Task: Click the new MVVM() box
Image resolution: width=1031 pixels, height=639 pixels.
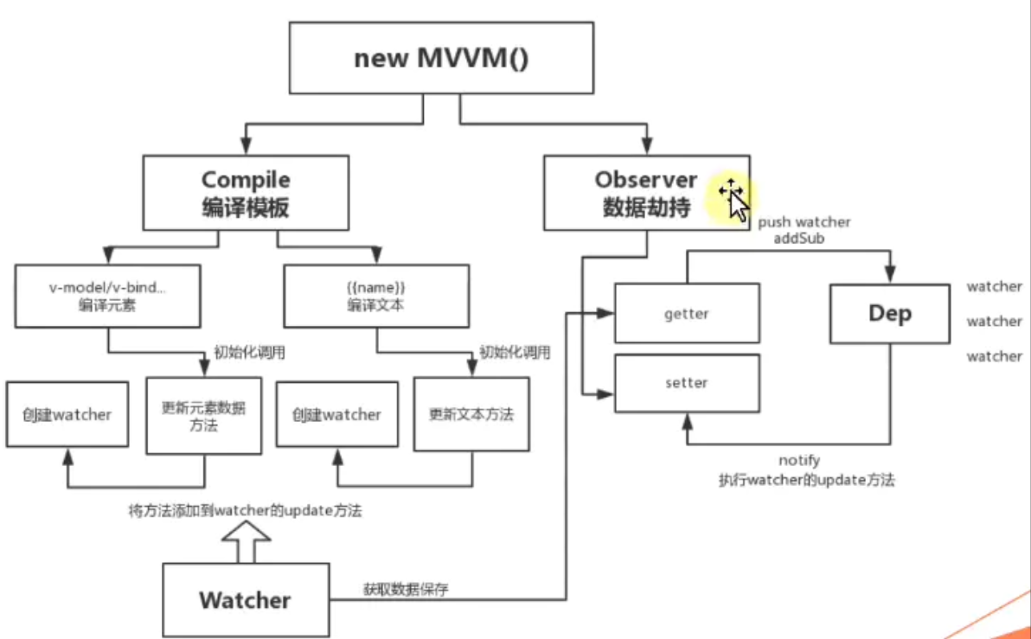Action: [440, 58]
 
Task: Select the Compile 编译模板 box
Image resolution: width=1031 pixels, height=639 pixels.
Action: [246, 192]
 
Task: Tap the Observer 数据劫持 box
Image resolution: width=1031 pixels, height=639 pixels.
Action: [646, 192]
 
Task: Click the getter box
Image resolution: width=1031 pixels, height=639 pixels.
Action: [687, 313]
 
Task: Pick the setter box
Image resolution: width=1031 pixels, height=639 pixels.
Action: [687, 382]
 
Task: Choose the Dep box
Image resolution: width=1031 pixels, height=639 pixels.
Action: [890, 313]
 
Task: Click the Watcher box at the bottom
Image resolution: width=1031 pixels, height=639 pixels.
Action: [246, 599]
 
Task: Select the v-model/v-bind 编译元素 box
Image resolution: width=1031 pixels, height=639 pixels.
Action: [108, 296]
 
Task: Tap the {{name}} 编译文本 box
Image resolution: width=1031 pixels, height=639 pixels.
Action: [376, 296]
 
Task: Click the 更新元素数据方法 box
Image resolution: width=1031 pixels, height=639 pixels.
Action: [203, 415]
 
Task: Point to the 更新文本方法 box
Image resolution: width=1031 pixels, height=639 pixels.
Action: [471, 414]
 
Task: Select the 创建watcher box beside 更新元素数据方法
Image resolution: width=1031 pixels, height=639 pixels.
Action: [67, 414]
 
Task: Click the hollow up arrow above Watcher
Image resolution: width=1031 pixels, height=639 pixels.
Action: [246, 543]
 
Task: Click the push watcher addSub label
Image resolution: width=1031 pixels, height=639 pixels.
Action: [804, 229]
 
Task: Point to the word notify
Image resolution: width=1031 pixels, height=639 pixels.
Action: [798, 461]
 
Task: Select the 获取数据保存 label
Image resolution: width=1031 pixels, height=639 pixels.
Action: [406, 590]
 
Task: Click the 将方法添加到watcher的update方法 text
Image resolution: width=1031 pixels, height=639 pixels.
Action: [245, 511]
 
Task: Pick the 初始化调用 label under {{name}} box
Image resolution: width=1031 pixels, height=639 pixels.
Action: [515, 353]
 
